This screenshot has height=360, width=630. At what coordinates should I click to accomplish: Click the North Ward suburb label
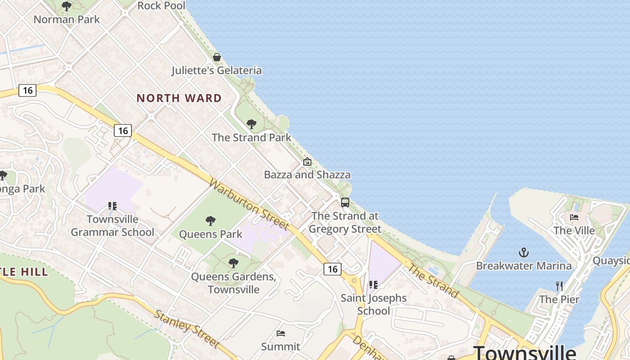(x=179, y=98)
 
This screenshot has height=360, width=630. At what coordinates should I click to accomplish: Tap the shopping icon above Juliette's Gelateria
(x=217, y=57)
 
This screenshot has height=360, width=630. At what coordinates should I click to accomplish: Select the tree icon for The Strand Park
(x=252, y=124)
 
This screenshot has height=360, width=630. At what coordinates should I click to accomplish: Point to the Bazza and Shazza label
(x=307, y=175)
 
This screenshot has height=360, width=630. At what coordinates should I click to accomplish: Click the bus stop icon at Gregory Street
(x=345, y=202)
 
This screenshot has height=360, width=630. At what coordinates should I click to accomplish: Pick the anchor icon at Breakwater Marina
(x=524, y=252)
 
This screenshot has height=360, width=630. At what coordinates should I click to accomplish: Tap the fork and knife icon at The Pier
(x=559, y=286)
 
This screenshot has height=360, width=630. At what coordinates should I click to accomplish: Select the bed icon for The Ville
(x=574, y=217)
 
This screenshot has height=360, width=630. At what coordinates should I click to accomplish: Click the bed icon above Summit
(x=281, y=333)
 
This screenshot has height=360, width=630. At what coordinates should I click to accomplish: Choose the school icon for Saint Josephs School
(x=373, y=285)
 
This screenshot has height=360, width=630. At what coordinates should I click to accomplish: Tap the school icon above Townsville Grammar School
(x=112, y=206)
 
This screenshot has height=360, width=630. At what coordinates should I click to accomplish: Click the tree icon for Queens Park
(x=210, y=221)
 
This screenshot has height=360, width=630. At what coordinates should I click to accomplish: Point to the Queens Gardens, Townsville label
(x=234, y=283)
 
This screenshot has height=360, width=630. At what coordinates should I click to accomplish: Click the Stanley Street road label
(x=187, y=329)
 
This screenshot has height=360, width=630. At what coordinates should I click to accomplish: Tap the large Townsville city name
(x=524, y=352)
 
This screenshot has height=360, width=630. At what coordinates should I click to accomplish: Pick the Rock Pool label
(x=161, y=6)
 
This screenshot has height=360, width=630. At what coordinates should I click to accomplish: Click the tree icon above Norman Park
(x=67, y=6)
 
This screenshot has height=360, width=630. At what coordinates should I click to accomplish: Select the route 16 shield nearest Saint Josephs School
(x=332, y=269)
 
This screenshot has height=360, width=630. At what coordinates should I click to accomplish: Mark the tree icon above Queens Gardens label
(x=233, y=263)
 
